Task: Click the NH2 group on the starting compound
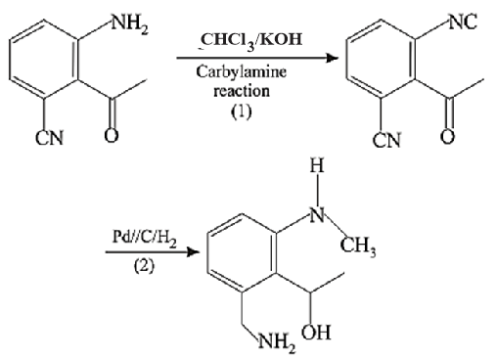[130, 24]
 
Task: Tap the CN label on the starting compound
[49, 138]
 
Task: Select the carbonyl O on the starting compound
[112, 136]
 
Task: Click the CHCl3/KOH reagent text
[251, 41]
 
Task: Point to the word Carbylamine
[242, 72]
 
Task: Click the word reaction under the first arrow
[242, 91]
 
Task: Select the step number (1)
[242, 112]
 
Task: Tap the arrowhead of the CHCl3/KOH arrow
[333, 59]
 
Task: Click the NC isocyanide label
[463, 22]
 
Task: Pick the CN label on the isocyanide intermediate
[386, 141]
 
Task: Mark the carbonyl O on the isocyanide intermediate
[447, 136]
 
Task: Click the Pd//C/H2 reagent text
[145, 237]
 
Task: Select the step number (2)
[144, 266]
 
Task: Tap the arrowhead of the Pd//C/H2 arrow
[194, 252]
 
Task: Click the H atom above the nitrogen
[317, 166]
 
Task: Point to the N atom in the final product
[317, 215]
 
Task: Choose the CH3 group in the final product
[358, 247]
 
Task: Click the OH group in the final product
[316, 333]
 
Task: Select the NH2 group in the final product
[277, 343]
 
